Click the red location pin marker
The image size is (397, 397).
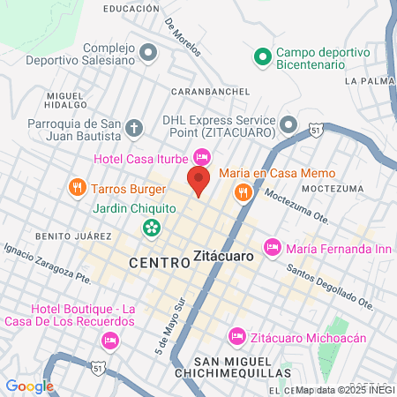[198, 182]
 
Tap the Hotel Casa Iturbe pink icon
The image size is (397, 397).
[201, 158]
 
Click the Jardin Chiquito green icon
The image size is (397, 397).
[151, 228]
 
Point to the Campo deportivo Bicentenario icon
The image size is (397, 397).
[261, 57]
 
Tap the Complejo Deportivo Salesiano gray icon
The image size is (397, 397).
[148, 54]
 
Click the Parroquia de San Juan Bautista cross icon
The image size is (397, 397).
[133, 129]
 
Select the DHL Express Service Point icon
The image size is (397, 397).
[288, 124]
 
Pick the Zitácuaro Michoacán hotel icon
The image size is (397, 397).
[236, 335]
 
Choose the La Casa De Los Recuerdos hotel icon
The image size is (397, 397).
[110, 339]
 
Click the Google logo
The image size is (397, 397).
[30, 386]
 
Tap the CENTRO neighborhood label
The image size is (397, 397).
[158, 262]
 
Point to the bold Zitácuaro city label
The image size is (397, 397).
[222, 258]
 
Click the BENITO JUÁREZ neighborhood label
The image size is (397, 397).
[73, 236]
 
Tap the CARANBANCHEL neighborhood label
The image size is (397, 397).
[206, 91]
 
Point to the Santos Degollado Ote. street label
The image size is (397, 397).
[331, 288]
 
